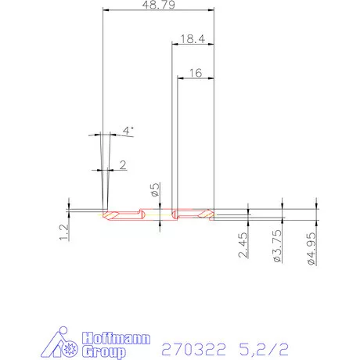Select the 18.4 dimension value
click(193, 38)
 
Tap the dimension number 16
click(196, 72)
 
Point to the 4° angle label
click(128, 131)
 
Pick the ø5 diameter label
click(156, 189)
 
